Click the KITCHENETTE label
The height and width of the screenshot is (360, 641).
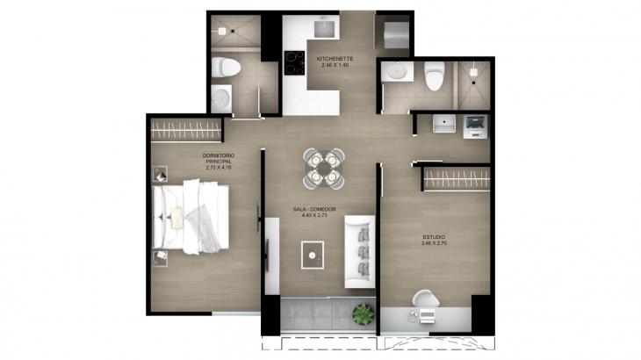(x=335, y=60)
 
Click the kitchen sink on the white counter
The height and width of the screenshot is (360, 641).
(x=325, y=28)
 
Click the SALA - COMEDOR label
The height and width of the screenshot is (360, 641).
(x=314, y=209)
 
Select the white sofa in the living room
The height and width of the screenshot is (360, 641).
(x=359, y=249)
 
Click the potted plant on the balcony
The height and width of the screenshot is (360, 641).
(x=361, y=312)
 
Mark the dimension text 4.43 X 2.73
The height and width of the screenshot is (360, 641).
(x=314, y=216)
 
